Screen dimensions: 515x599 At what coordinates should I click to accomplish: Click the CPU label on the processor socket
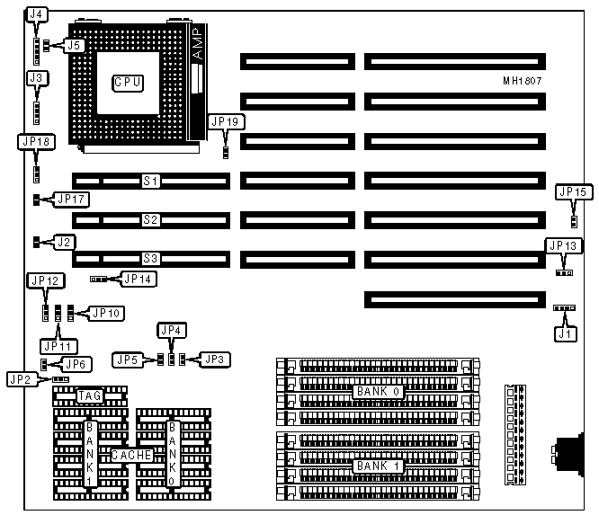point(128,83)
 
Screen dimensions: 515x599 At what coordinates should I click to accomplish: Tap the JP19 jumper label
point(226,121)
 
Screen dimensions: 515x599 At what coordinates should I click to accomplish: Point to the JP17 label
point(72,199)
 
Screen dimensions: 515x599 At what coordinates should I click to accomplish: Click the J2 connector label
point(65,242)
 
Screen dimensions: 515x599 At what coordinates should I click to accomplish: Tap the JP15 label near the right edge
point(573,191)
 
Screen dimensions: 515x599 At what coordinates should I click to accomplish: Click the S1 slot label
point(151,182)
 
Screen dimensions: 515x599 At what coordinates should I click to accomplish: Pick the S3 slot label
point(151,259)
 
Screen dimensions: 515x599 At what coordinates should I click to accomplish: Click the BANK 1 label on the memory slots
point(377,466)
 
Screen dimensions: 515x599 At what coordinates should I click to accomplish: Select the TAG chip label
point(89,395)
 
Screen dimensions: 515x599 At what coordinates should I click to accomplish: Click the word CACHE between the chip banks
point(131,456)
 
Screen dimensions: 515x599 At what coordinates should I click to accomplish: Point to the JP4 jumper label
point(171,330)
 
